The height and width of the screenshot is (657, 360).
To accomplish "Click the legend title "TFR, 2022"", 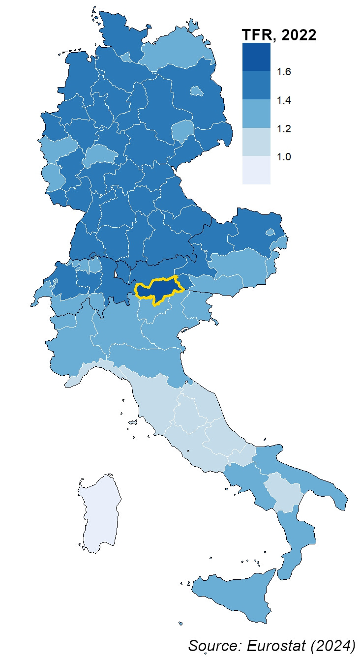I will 279,35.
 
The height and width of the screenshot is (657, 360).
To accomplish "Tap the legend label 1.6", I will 284,72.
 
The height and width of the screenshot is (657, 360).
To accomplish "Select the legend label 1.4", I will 284,100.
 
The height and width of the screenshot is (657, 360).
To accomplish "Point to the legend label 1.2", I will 284,129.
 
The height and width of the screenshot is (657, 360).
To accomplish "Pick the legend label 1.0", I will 284,157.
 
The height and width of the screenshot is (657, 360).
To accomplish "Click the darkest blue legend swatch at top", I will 256,57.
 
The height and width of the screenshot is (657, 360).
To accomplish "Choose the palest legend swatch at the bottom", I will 256,170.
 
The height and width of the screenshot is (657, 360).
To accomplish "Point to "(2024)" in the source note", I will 334,645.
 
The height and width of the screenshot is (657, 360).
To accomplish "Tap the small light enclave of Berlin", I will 197,91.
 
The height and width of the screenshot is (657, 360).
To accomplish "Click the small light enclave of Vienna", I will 270,232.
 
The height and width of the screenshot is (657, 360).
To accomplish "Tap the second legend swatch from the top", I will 256,85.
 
